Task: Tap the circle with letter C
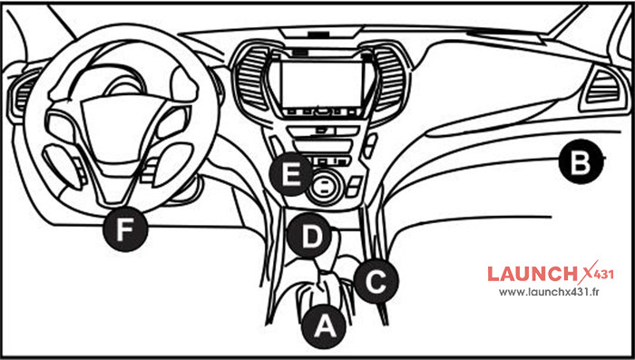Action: click(x=375, y=280)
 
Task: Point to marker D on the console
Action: click(x=310, y=237)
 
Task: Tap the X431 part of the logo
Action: click(x=598, y=271)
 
